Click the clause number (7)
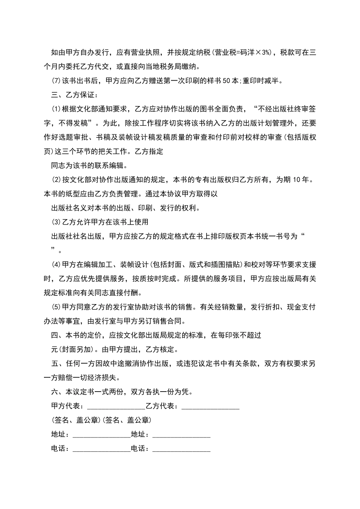tap(56, 81)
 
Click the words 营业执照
tap(144, 52)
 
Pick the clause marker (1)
tap(56, 109)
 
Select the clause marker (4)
tap(56, 264)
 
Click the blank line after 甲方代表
tap(116, 406)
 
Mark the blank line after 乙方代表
tap(211, 406)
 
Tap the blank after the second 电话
tap(181, 449)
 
